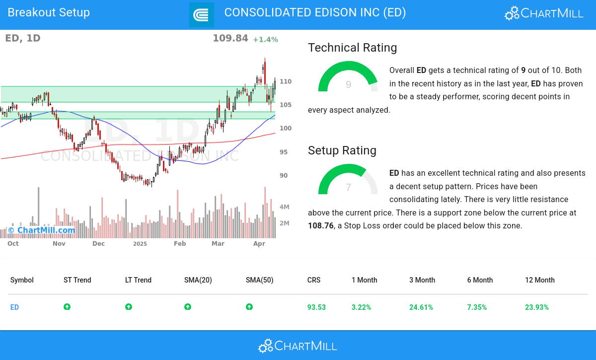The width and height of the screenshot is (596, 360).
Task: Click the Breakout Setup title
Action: pos(49,12)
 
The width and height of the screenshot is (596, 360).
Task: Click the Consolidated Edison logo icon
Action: pos(201,15)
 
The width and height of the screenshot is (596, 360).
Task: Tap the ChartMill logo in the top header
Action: pos(544,13)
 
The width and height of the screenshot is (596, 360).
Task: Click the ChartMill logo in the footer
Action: pos(298,346)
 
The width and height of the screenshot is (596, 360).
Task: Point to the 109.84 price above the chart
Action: pos(230,38)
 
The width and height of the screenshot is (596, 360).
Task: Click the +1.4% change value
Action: pos(265,40)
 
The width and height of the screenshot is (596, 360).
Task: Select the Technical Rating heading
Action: pos(352,48)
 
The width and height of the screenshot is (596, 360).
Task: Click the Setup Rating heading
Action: pos(342,150)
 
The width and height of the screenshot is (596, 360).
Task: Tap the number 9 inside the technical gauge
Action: pos(348,85)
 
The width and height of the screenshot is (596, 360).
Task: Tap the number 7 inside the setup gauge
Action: pos(348,188)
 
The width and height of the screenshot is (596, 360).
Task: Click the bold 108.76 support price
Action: pos(321,226)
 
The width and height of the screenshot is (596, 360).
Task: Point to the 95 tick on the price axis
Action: pos(284,152)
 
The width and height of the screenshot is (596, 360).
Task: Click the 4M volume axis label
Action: pos(284,207)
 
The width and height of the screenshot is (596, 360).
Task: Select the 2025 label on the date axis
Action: pos(140,244)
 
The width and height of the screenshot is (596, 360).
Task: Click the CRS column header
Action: pos(313,280)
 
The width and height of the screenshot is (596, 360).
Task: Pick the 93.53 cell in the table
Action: pos(316,307)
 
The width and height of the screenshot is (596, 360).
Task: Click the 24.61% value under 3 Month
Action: pos(421,307)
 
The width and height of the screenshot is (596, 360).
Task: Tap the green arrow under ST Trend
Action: pos(67,307)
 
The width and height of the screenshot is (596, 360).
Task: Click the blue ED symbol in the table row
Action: pos(14,307)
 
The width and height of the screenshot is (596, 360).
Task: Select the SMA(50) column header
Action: pos(259,280)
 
